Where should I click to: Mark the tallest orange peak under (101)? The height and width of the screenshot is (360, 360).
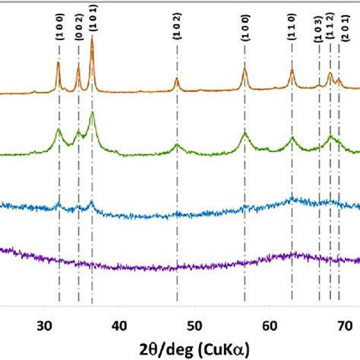pos(92,39)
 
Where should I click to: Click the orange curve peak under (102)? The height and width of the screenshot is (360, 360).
pos(177,78)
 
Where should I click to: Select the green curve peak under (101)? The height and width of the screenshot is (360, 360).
pos(92,113)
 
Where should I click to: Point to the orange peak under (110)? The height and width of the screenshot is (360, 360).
pos(292,71)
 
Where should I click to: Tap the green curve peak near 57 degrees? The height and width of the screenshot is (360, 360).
pos(245,134)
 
